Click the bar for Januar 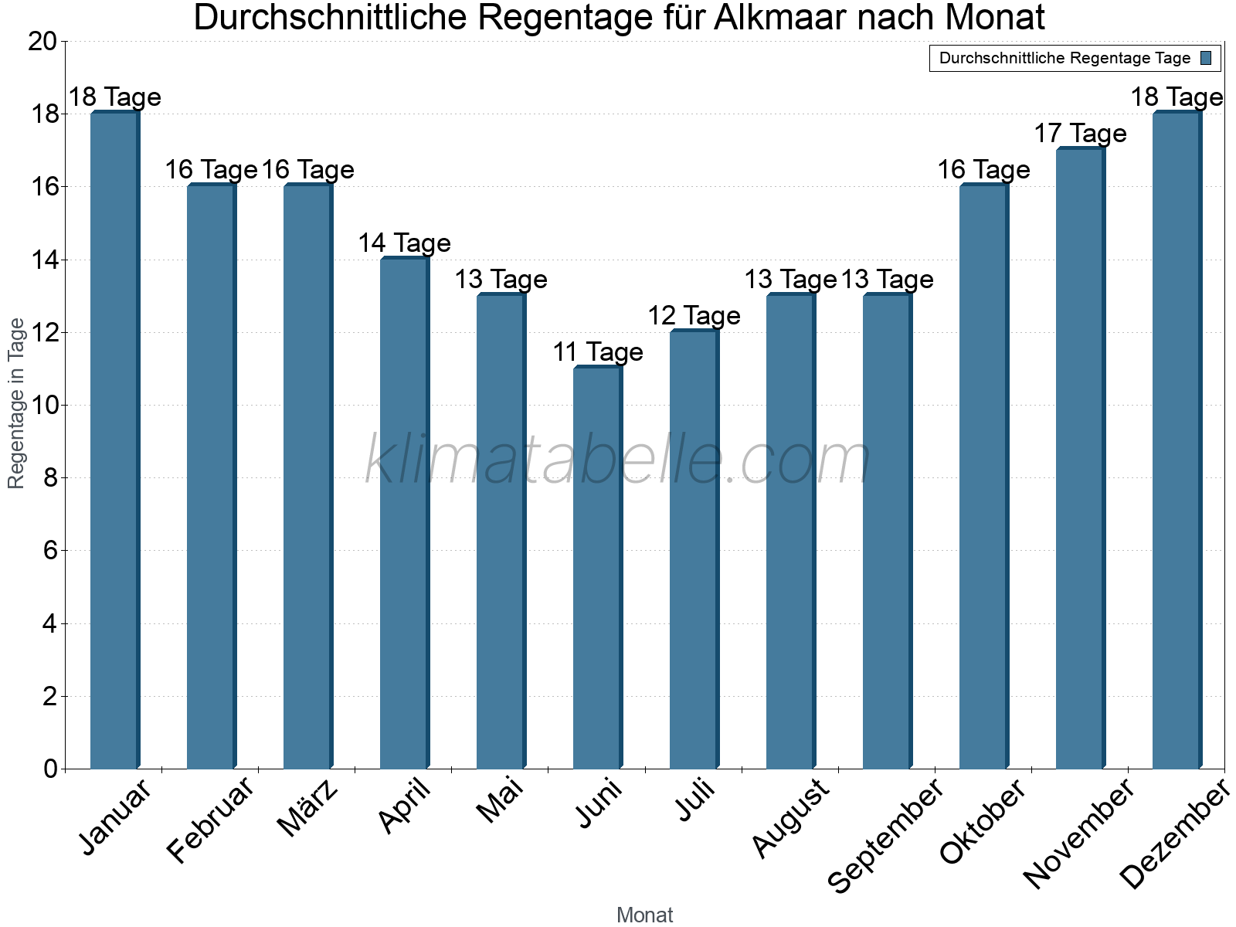pyautogui.click(x=115, y=440)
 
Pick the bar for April pyautogui.click(x=405, y=512)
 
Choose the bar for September pyautogui.click(x=888, y=531)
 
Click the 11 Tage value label pyautogui.click(x=598, y=352)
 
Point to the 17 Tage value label pyautogui.click(x=1081, y=134)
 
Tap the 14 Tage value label pyautogui.click(x=405, y=243)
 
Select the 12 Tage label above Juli pyautogui.click(x=694, y=316)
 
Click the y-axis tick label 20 pyautogui.click(x=42, y=42)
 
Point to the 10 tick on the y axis pyautogui.click(x=42, y=406)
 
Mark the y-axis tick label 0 pyautogui.click(x=51, y=769)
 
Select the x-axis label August pyautogui.click(x=790, y=818)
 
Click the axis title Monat pyautogui.click(x=645, y=915)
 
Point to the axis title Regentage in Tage pyautogui.click(x=15, y=403)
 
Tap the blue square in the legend pyautogui.click(x=1206, y=58)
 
